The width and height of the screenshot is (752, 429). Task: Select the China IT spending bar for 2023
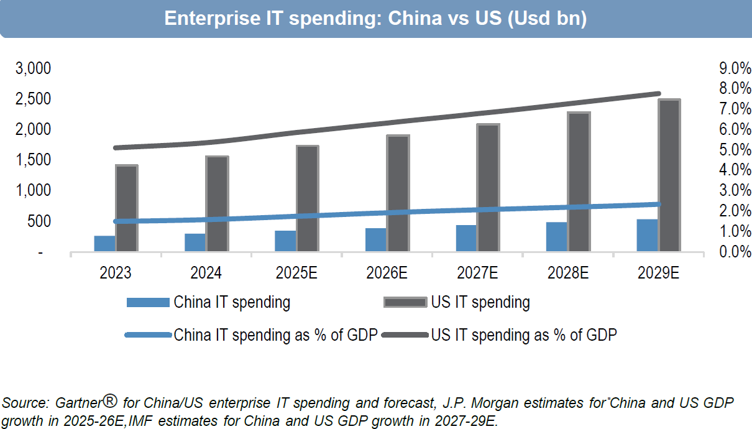click(x=104, y=244)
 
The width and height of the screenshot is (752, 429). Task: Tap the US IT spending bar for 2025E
click(x=308, y=199)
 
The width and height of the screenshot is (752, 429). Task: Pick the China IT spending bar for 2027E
click(x=466, y=239)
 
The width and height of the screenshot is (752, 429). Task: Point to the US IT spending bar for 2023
click(x=127, y=209)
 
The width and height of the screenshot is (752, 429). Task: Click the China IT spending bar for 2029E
click(x=647, y=236)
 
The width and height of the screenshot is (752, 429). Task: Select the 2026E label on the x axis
click(x=387, y=273)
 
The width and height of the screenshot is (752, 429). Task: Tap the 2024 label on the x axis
click(x=206, y=273)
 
